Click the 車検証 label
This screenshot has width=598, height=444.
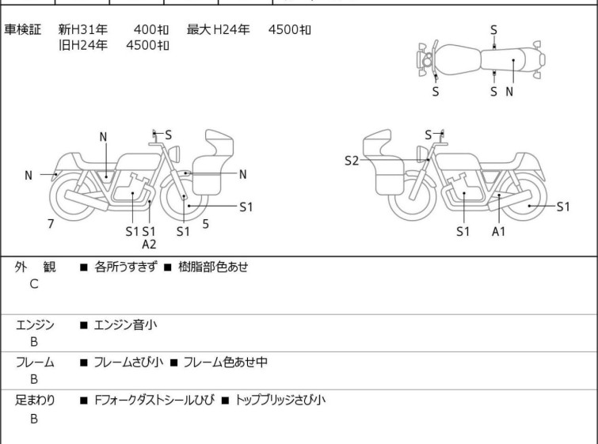coord(23,30)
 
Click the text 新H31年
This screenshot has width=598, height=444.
coord(77,30)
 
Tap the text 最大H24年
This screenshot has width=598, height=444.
coord(219,30)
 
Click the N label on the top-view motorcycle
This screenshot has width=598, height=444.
coord(509,91)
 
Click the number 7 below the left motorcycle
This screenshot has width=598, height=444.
coord(51,224)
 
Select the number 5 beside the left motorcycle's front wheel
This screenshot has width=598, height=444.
coord(206,224)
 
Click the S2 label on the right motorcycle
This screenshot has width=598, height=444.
coord(352,161)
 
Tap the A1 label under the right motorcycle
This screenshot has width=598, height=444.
coord(498,231)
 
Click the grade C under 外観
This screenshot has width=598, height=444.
coord(33,284)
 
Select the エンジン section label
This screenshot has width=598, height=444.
coord(35,324)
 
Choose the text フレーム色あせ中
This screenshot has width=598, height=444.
coord(225,362)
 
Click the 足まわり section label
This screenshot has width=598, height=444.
coord(35,400)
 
